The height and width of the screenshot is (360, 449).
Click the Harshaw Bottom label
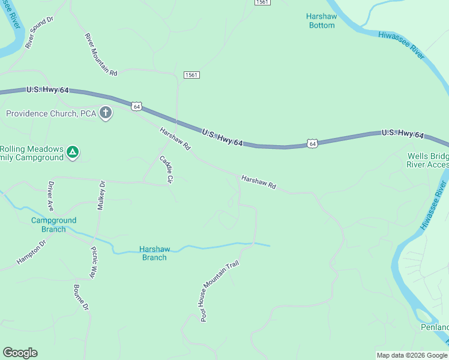pos(321,21)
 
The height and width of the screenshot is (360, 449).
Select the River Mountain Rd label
pos(101,54)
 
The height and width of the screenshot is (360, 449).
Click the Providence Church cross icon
pos(106,113)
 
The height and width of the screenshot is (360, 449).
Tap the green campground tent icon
pos(73,152)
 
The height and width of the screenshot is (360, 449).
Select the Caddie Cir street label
pos(166,169)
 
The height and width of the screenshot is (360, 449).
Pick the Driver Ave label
pos(52,196)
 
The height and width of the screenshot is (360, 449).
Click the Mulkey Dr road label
pos(101,195)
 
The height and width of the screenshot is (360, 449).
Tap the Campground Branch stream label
pos(54,224)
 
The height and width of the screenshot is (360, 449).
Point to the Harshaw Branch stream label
pos(153,253)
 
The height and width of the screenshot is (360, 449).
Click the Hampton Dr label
pos(32,253)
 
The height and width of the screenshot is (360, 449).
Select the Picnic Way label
pos(94,262)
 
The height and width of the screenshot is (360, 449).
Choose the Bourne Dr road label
pos(81,298)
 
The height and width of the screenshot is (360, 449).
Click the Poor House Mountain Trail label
pos(220,292)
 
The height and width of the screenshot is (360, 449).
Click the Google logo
pos(20,353)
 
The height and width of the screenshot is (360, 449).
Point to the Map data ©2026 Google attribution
pos(412,355)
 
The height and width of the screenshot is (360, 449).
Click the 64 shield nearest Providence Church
pos(137,106)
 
